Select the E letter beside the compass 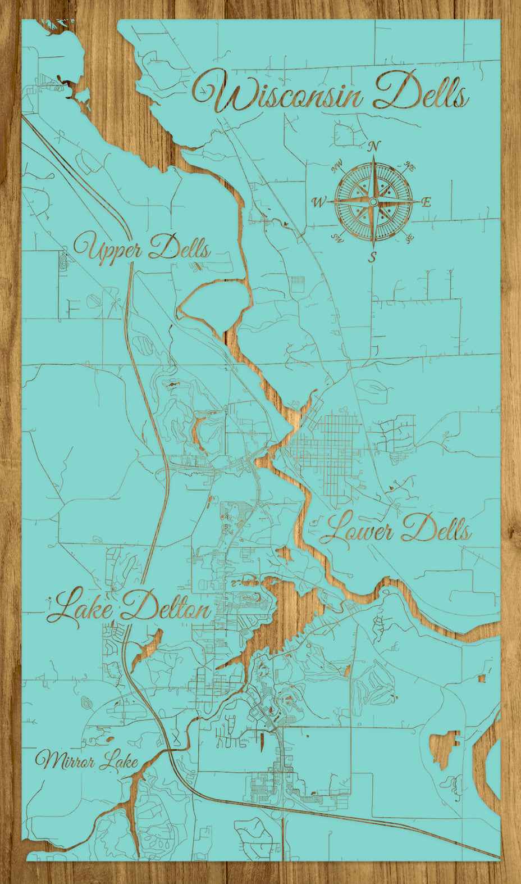(x=426, y=203)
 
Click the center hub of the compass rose (x=373, y=201)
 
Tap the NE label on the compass (x=409, y=167)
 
